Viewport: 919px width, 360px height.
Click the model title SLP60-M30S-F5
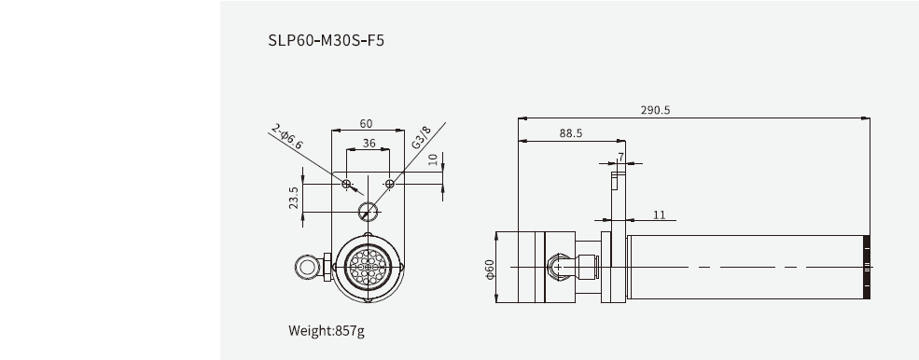point(326,42)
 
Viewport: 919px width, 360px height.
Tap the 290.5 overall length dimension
point(655,110)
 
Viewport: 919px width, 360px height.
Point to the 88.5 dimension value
point(571,133)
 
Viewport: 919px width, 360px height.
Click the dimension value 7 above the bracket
point(620,157)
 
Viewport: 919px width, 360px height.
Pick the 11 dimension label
point(660,215)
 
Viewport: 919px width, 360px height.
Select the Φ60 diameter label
point(489,270)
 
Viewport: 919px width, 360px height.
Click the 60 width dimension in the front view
point(366,123)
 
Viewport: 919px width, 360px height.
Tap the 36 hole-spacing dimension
point(369,144)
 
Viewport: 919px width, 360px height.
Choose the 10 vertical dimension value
point(432,159)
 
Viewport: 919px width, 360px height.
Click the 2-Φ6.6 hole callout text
point(287,136)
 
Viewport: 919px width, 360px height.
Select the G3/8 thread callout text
point(421,137)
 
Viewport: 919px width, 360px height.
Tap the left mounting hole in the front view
point(347,185)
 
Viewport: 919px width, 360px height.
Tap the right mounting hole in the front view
point(390,185)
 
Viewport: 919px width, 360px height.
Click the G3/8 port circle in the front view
point(369,210)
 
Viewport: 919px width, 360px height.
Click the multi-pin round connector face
point(368,267)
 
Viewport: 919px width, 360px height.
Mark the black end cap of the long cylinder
point(867,267)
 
